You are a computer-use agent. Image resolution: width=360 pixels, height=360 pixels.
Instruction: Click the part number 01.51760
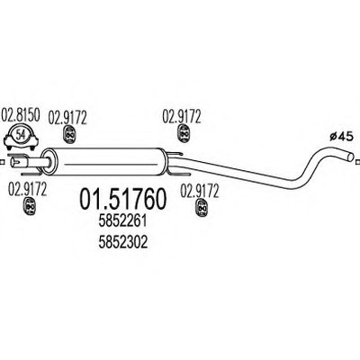pos(122,199)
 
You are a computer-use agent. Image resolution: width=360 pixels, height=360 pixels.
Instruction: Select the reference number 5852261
pos(122,221)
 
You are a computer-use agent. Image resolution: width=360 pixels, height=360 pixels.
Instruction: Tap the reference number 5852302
pos(122,242)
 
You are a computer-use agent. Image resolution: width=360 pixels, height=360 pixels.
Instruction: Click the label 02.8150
pos(21,116)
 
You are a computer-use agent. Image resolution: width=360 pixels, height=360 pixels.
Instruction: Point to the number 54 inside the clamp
pos(21,134)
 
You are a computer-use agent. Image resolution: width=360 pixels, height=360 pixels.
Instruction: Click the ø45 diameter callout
pos(340,137)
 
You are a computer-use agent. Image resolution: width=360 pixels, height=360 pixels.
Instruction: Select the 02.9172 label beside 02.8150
pos(67,118)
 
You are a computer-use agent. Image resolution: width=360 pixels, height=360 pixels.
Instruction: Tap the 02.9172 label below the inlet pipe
pos(27,189)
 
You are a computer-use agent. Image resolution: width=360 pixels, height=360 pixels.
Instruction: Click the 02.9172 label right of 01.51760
pos(200,191)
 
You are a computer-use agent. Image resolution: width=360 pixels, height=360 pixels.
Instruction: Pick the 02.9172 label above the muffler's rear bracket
pos(182,116)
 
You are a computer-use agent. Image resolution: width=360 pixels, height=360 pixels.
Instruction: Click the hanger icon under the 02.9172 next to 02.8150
pos(69,135)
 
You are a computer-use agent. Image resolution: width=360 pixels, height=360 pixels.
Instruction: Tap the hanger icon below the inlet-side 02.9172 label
pos(30,206)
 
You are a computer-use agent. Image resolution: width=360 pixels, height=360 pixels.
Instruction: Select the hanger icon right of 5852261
pos(202,208)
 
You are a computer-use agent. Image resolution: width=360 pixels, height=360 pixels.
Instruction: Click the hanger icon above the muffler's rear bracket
pos(184,133)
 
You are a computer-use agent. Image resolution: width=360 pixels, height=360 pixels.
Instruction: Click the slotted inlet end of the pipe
pos(15,162)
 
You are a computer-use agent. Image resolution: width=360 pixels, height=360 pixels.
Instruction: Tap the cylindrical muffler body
pos(108,162)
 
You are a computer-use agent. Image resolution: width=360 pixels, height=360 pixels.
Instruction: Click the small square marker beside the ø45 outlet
pos(357,162)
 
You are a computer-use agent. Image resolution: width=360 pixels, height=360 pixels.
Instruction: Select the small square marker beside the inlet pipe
pos(2,163)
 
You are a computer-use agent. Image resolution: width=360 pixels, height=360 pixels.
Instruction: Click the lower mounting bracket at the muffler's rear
pos(179,174)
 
